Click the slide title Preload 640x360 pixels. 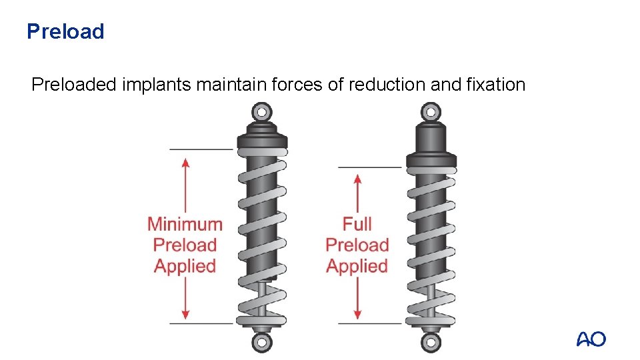65,31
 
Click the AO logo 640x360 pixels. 591,339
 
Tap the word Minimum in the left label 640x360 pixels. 185,224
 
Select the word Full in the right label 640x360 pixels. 357,224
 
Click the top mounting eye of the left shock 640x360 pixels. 262,111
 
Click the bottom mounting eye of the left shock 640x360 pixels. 261,343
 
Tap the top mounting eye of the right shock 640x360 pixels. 431,111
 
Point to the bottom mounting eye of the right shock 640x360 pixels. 431,343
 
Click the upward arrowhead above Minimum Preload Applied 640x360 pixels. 185,162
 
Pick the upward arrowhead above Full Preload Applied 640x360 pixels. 358,179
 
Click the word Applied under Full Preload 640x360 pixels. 357,267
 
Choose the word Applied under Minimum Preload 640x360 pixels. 185,267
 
